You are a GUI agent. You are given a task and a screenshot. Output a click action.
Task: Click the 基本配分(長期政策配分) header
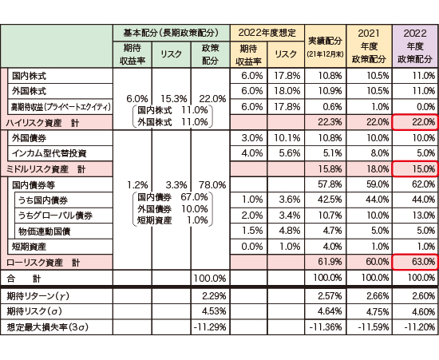pyautogui.click(x=171, y=33)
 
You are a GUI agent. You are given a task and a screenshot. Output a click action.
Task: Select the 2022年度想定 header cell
pyautogui.click(x=267, y=33)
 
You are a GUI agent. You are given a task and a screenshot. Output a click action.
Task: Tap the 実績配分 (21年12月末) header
pyautogui.click(x=325, y=46)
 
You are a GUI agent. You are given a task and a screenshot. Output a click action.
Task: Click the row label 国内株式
pyautogui.click(x=29, y=76)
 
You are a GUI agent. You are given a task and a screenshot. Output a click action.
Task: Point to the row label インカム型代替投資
pyautogui.click(x=49, y=153)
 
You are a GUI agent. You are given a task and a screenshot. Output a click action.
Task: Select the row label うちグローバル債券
pyautogui.click(x=55, y=216)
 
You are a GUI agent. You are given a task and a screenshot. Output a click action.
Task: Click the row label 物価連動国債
pyautogui.click(x=44, y=231)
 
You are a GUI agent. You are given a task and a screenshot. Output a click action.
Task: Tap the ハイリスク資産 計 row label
pyautogui.click(x=43, y=123)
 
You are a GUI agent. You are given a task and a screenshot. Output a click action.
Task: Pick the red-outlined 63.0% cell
pyautogui.click(x=415, y=262)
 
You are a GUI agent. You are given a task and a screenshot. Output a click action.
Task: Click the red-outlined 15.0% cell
pyautogui.click(x=415, y=168)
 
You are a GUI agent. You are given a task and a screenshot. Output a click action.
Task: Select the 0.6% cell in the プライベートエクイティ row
pyautogui.click(x=332, y=107)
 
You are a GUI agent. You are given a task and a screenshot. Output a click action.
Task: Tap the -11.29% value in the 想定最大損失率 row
pyautogui.click(x=210, y=327)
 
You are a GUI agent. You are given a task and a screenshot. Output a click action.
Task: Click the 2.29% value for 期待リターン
pyautogui.click(x=214, y=296)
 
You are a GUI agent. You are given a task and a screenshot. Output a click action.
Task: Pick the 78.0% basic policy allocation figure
pyautogui.click(x=212, y=184)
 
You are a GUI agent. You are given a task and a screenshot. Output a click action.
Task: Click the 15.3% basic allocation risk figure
pyautogui.click(x=173, y=98)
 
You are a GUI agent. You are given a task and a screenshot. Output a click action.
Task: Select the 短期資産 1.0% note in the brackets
pyautogui.click(x=172, y=220)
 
